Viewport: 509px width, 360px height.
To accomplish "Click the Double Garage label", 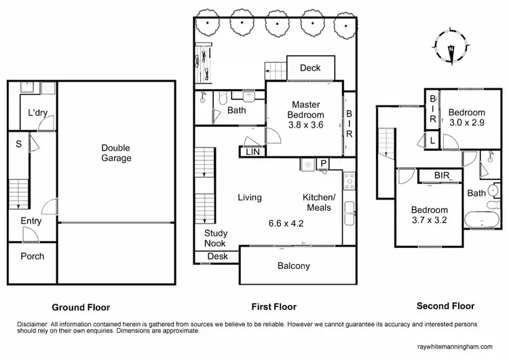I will [x=116, y=153].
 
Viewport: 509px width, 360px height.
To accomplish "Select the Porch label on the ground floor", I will [x=32, y=256].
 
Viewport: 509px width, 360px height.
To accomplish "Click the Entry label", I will [x=31, y=221].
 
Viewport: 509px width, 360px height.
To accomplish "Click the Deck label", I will [x=310, y=68].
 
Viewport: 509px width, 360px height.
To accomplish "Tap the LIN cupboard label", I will [x=251, y=152].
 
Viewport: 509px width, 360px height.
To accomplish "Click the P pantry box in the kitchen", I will [x=324, y=164].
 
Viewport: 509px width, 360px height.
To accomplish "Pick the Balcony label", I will [x=293, y=266].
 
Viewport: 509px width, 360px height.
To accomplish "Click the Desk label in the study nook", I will [x=217, y=256].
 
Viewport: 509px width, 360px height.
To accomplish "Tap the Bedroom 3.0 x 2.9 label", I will [x=467, y=117].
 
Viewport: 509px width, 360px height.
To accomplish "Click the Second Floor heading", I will [x=445, y=306].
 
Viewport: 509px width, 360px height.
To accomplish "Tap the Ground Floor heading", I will [x=81, y=307].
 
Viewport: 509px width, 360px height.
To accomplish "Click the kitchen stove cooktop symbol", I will [x=350, y=180].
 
